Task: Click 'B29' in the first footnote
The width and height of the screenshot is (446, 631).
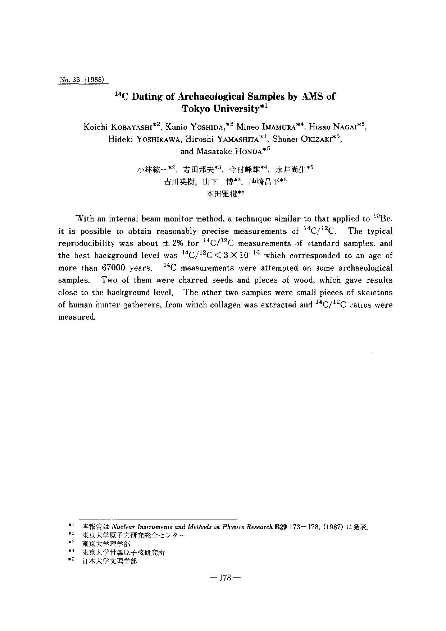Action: [x=280, y=527]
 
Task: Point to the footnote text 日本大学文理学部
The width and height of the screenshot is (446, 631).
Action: [x=109, y=561]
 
